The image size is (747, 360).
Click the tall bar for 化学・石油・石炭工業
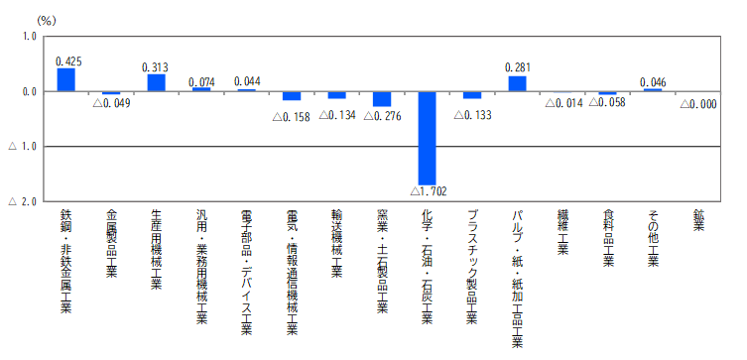[x=428, y=138]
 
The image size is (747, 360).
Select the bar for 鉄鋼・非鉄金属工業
[x=66, y=79]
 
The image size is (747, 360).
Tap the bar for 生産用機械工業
[x=157, y=83]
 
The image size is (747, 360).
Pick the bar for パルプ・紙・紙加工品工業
[x=518, y=84]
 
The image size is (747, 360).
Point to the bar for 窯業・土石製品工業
[x=382, y=99]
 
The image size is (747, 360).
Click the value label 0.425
[x=68, y=61]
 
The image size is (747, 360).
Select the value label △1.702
[x=429, y=191]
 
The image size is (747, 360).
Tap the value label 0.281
[x=517, y=68]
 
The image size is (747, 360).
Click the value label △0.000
[x=698, y=105]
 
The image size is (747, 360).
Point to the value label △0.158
[x=291, y=117]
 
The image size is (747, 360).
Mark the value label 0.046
[x=653, y=82]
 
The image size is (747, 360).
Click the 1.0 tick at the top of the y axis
[x=29, y=36]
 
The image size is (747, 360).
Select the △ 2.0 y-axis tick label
[x=23, y=202]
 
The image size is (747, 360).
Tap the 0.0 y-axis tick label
[x=29, y=91]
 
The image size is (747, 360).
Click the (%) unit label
[x=47, y=21]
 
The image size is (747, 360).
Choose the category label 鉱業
[x=698, y=221]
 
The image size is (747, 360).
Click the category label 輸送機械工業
[x=337, y=243]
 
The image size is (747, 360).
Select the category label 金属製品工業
[x=111, y=243]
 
